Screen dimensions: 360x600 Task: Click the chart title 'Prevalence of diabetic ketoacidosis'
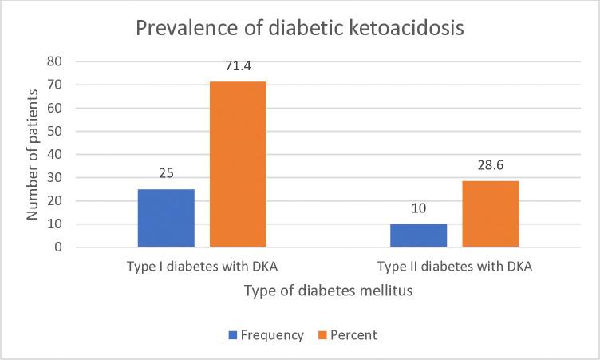pyautogui.click(x=300, y=30)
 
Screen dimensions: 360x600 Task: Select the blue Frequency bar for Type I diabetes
pyautogui.click(x=166, y=218)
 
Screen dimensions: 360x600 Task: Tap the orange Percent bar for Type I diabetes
pyautogui.click(x=238, y=164)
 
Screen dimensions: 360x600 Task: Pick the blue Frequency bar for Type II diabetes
pyautogui.click(x=417, y=235)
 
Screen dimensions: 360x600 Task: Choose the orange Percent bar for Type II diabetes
pyautogui.click(x=490, y=214)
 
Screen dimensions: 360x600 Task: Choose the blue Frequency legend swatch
pyautogui.click(x=235, y=336)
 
